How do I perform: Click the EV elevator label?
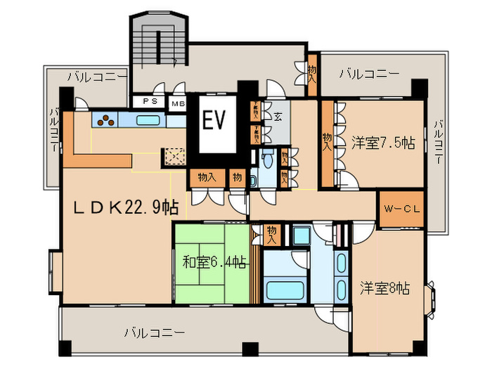214,121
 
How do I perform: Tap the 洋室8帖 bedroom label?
385,288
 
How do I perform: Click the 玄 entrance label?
278,117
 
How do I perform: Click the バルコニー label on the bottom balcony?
155,332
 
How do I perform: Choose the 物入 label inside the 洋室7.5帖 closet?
327,143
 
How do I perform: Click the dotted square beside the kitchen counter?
173,156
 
